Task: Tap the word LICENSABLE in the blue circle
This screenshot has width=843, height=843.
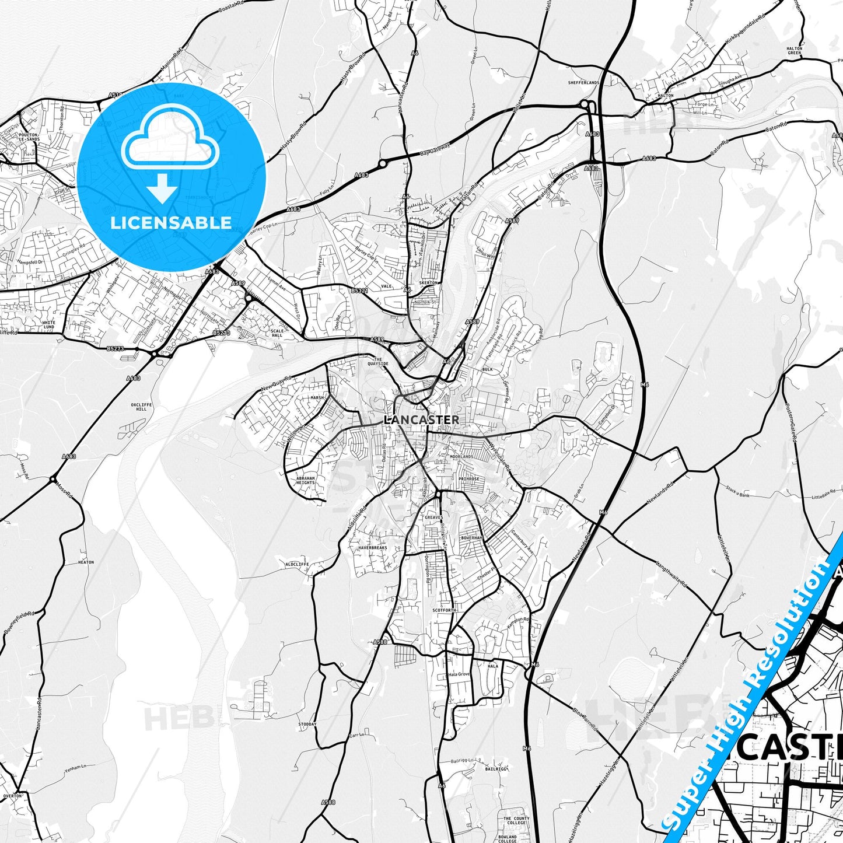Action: (171, 223)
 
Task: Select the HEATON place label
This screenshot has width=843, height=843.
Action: (86, 562)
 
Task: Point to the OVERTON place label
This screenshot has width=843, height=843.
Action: (12, 796)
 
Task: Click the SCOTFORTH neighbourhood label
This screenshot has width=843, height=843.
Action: (444, 610)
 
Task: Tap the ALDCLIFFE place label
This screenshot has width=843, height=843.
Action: (296, 565)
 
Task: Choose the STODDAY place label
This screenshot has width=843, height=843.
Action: (307, 725)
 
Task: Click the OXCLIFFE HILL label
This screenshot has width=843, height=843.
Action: (142, 407)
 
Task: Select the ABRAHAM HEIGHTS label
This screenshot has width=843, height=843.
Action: (305, 480)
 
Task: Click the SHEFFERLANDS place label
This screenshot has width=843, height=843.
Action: (583, 83)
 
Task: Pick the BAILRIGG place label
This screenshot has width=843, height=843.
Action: (496, 769)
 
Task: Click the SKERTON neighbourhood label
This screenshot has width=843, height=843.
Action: (428, 283)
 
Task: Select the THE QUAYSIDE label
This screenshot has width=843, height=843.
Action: (377, 362)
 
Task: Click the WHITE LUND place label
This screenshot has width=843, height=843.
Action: (49, 325)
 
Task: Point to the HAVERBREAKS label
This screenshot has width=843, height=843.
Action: (372, 548)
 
